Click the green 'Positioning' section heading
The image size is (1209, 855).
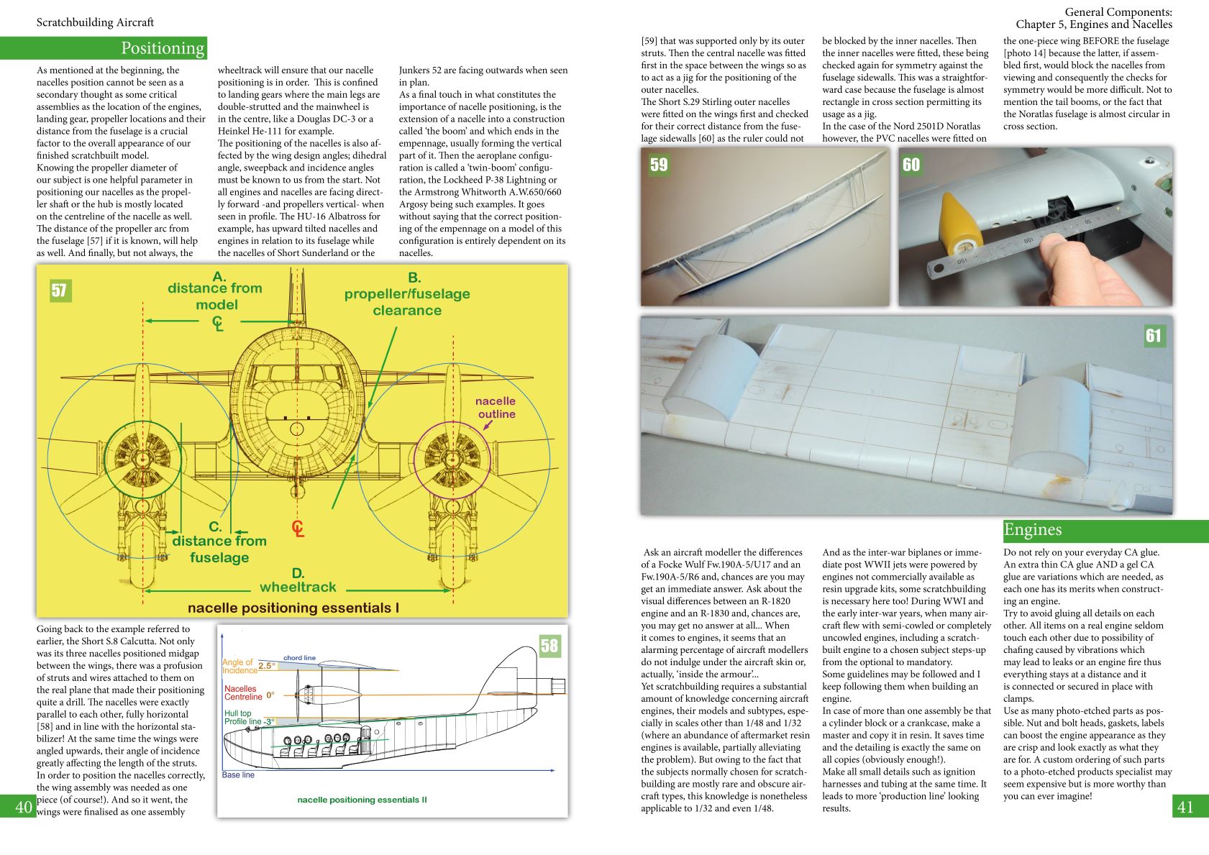pos(163,48)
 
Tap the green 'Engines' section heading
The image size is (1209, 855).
pos(1033,530)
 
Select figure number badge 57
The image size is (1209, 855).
pos(59,291)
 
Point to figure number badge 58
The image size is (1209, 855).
pos(549,646)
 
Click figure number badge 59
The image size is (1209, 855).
pos(659,165)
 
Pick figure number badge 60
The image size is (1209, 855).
pos(911,165)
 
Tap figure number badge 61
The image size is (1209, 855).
pos(1154,336)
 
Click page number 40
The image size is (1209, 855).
pos(23,807)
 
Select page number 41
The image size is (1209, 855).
pos(1185,807)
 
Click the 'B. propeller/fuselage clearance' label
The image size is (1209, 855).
pos(407,294)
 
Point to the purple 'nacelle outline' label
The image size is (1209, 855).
pos(496,407)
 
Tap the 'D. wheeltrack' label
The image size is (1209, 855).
pos(298,580)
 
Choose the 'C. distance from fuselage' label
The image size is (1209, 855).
pos(219,542)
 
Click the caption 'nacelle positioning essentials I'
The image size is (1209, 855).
pos(293,608)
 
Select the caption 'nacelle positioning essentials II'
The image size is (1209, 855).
pos(362,800)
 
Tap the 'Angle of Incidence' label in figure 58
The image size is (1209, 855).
pos(239,667)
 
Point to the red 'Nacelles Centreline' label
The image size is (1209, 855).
pos(242,692)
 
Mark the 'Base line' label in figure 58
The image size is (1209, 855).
pos(238,774)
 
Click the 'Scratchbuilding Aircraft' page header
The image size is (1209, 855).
pos(95,22)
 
